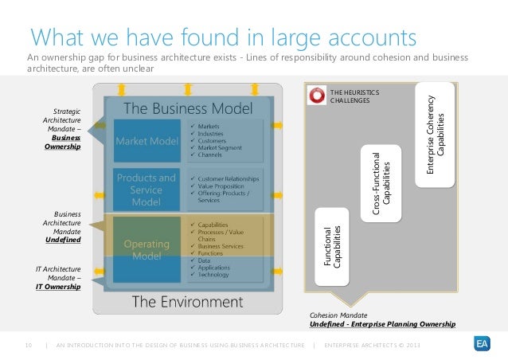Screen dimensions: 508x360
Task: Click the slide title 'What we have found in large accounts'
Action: click(x=223, y=37)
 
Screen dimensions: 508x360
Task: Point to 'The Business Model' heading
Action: click(x=187, y=108)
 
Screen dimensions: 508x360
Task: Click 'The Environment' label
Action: click(x=186, y=301)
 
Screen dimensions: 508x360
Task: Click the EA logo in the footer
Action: click(x=480, y=344)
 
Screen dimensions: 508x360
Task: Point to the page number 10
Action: click(x=29, y=344)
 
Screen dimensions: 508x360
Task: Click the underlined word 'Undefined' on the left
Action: click(x=62, y=239)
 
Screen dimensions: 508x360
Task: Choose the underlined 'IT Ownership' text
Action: click(x=57, y=286)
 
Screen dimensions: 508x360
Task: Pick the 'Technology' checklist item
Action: click(x=217, y=274)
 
